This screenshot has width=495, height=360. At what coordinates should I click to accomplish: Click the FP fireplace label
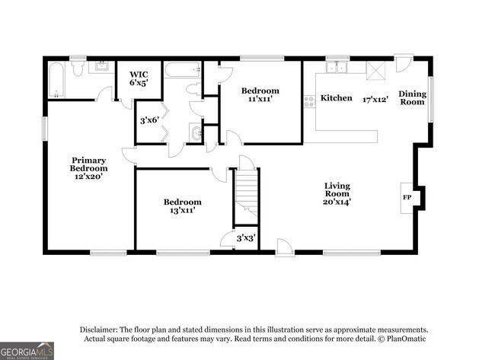tap(405, 197)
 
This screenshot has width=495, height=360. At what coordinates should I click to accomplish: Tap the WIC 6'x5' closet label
tap(138, 78)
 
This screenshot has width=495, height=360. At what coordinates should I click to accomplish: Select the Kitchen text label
tap(336, 98)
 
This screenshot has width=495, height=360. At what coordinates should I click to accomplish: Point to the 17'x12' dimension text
tap(375, 99)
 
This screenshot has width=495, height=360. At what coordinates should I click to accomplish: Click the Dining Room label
tap(413, 97)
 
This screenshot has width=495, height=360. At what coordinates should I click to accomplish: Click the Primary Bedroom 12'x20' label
tap(88, 168)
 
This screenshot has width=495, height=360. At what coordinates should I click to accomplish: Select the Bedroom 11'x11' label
tap(260, 94)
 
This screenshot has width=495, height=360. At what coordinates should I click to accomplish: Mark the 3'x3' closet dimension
tap(245, 238)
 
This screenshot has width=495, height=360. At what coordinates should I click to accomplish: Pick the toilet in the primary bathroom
tap(77, 68)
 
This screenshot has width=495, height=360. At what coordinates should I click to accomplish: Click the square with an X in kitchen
tap(375, 70)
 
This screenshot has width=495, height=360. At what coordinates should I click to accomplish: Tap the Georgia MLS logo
tap(27, 351)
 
